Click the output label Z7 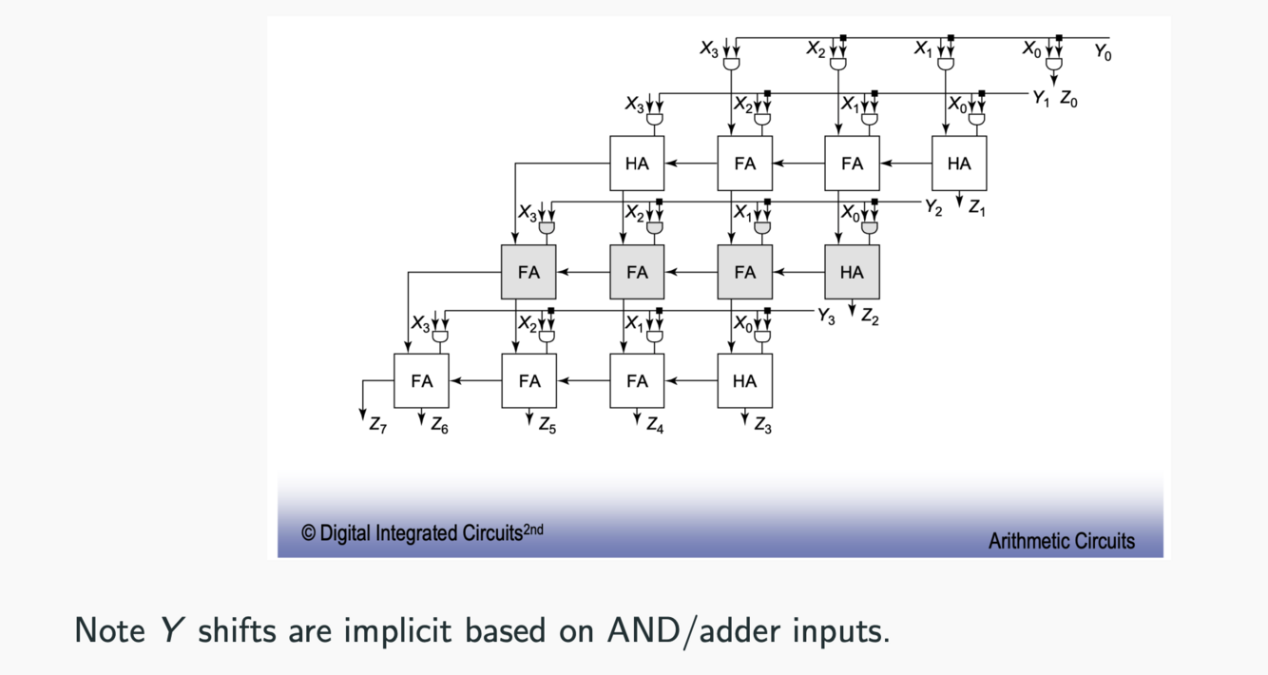(x=378, y=427)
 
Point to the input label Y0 (x=1103, y=53)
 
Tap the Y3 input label (x=826, y=318)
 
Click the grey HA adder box (x=852, y=272)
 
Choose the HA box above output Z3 (x=744, y=380)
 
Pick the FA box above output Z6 (x=421, y=380)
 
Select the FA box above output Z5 (x=529, y=380)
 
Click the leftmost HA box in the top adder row (x=637, y=164)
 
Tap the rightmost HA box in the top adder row (x=959, y=164)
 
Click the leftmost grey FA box (x=528, y=272)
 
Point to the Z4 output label (x=655, y=427)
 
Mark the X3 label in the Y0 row (x=709, y=48)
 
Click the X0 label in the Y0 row (x=1031, y=48)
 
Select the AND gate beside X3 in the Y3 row (x=440, y=337)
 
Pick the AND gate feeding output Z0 (x=1053, y=64)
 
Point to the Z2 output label (x=870, y=318)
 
